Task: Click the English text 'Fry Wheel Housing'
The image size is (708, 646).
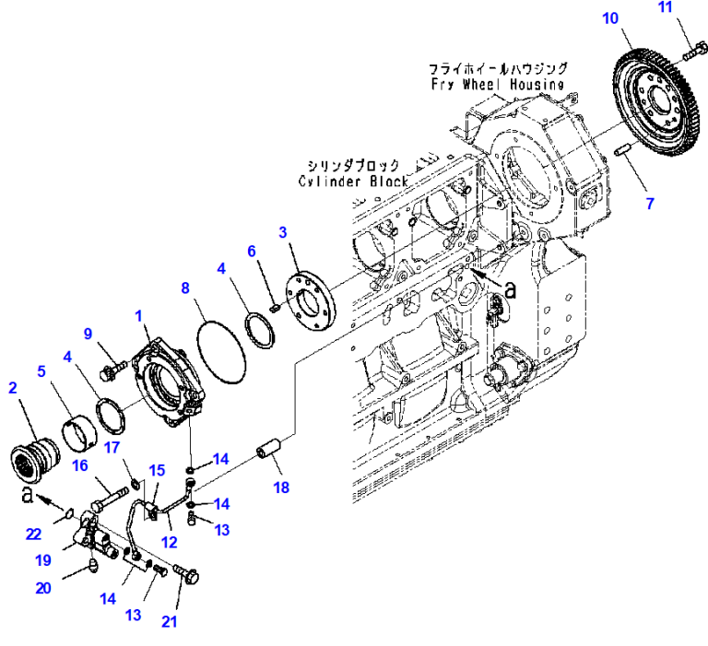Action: coord(497,84)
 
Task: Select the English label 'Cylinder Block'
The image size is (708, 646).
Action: coord(354,181)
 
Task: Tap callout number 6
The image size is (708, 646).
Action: coord(250,251)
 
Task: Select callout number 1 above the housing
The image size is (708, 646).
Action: coord(138,316)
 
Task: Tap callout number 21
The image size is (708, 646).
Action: coord(169,621)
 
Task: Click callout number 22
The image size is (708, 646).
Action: coord(33,534)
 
